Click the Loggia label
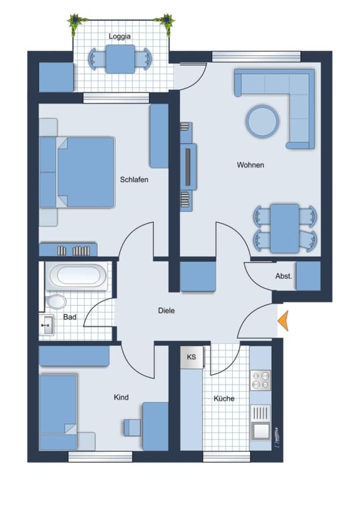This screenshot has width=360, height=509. (x=119, y=36)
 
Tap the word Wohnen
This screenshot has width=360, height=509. (x=250, y=165)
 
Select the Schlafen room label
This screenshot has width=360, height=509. (x=134, y=179)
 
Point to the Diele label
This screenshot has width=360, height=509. (x=166, y=310)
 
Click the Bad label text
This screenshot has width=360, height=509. (x=70, y=317)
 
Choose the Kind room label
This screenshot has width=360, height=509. (x=121, y=397)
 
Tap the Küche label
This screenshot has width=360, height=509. (x=224, y=398)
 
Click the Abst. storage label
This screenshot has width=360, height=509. (x=284, y=276)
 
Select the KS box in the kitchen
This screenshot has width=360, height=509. (x=192, y=357)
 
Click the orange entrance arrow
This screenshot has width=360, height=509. (x=283, y=321)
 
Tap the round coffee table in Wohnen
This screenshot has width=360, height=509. (x=262, y=121)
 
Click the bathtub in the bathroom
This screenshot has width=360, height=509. (x=76, y=276)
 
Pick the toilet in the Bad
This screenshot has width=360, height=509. (x=56, y=301)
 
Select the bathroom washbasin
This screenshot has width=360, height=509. (x=46, y=325)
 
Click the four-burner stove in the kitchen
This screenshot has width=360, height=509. (x=260, y=380)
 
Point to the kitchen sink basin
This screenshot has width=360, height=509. (x=260, y=432)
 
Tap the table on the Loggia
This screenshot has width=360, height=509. (x=120, y=59)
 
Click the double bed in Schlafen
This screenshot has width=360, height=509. (x=86, y=172)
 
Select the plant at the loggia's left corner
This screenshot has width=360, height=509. (x=75, y=23)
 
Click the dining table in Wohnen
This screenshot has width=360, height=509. (x=285, y=228)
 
